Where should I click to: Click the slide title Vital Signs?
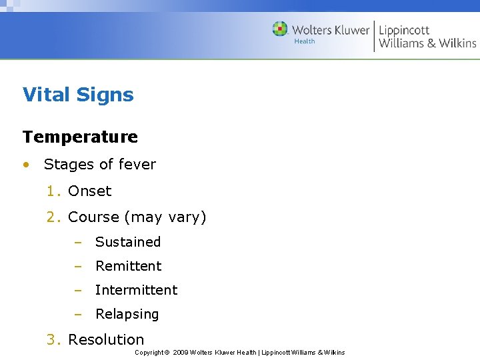(x=78, y=95)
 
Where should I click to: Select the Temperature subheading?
(x=80, y=137)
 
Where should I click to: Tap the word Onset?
(x=90, y=191)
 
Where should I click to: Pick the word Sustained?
(x=128, y=242)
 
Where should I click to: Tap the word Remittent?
(x=128, y=266)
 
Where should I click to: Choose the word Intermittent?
(x=136, y=290)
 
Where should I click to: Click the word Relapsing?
(x=127, y=314)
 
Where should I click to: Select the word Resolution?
(x=106, y=339)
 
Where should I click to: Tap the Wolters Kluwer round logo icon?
(x=280, y=29)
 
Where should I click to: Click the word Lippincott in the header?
(x=404, y=30)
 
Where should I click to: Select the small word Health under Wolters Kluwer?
(x=305, y=41)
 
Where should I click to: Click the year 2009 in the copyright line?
(x=180, y=352)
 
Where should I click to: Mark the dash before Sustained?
(x=77, y=243)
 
